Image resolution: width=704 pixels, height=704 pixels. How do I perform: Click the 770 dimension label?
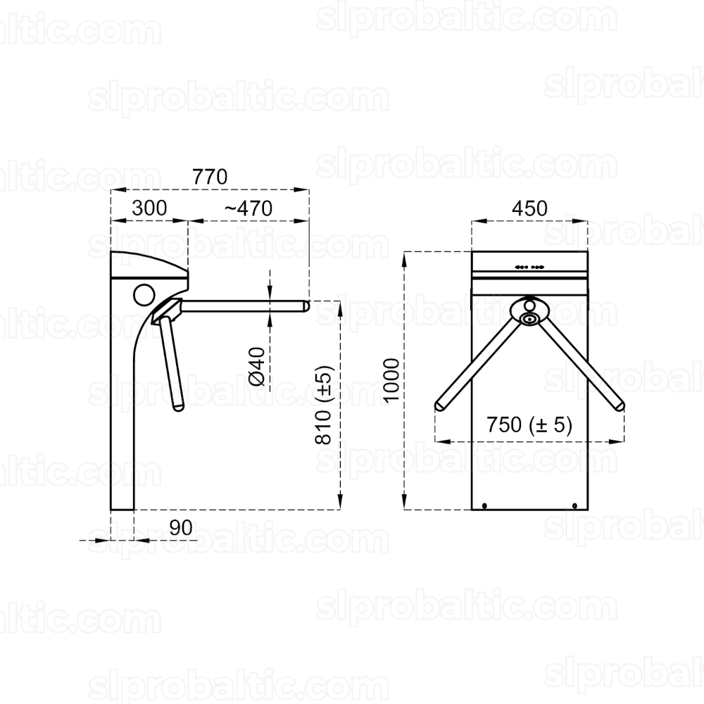point(210,177)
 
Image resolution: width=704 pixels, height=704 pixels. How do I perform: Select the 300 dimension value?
point(149,208)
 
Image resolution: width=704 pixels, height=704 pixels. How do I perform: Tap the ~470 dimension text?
point(249,208)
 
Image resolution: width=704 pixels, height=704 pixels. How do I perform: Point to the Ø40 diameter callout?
point(257,366)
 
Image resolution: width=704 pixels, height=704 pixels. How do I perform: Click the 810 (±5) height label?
point(323,404)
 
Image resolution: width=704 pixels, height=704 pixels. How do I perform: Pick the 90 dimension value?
point(182,528)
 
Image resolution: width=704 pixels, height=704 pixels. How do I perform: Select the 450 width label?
point(530,208)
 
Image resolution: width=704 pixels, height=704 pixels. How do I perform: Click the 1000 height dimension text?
point(391,380)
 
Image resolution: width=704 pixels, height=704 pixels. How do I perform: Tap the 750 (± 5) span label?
point(529,425)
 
